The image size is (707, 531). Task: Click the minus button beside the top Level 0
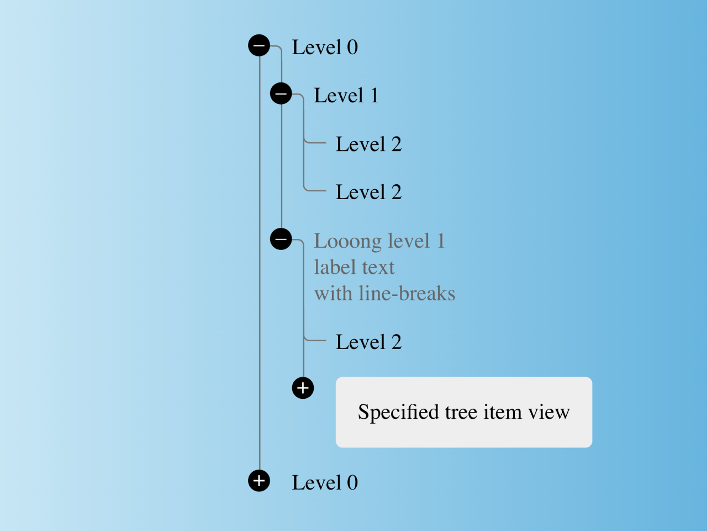[x=259, y=45]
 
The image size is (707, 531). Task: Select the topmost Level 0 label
[x=324, y=48]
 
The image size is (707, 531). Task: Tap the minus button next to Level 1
[x=281, y=93]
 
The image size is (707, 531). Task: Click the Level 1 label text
[x=346, y=96]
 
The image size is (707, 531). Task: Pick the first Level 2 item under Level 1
[x=368, y=144]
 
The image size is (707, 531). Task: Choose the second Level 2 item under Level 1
[x=368, y=192]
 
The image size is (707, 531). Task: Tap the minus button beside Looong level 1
[x=281, y=239]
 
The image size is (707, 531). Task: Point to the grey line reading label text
[x=354, y=268]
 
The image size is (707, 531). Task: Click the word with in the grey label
[x=333, y=294]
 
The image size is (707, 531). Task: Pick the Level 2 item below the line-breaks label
[x=368, y=342]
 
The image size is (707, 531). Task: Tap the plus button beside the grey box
[x=303, y=388]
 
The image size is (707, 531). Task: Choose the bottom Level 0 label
[x=324, y=483]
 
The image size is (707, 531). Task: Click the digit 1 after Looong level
[x=441, y=241]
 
